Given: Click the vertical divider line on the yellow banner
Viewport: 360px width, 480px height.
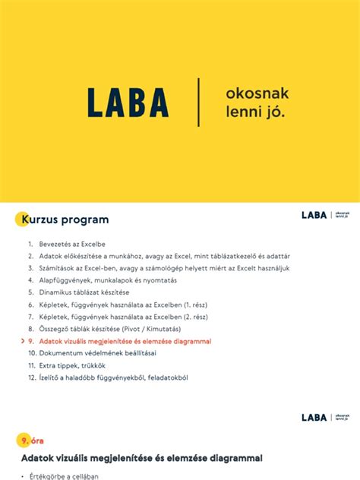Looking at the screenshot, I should click(x=199, y=102).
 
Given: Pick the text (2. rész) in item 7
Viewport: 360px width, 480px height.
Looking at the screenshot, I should click(x=196, y=317).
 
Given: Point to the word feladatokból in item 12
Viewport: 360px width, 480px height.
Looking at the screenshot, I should click(x=165, y=377).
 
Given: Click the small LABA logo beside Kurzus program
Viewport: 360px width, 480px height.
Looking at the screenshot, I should click(x=314, y=216).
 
